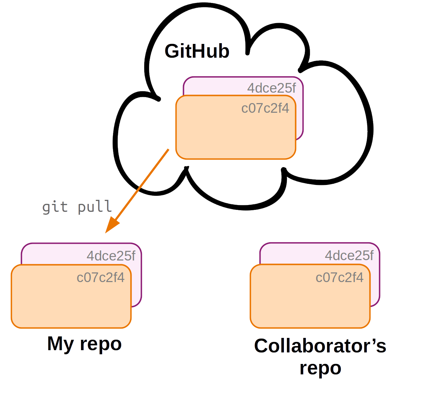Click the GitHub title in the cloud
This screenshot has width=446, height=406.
coord(197,51)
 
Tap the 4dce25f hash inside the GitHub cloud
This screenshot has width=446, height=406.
coord(272,88)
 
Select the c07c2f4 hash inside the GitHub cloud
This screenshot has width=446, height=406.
coord(265,108)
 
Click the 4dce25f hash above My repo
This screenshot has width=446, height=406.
coord(111,256)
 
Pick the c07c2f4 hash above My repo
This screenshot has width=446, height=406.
coord(100,278)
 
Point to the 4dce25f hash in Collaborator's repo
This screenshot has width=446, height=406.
coord(349,256)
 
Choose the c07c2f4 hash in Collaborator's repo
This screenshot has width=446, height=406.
coord(339,278)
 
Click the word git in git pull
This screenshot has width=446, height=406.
coord(55,207)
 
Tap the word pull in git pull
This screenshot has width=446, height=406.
coord(95,207)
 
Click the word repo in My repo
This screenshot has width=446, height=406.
coord(100,344)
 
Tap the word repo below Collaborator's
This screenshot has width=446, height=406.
coord(320,368)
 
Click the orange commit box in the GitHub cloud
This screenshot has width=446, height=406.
coord(236,134)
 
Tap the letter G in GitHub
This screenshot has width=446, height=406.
coord(173,51)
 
